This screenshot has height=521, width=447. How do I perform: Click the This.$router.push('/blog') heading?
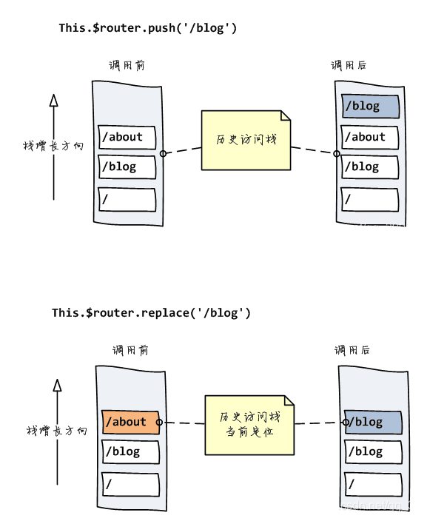pos(147,28)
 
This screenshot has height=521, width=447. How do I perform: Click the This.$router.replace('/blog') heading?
pos(151,313)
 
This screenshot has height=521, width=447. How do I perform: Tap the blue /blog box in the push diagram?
pos(370,106)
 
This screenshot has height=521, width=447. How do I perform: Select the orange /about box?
pos(131,422)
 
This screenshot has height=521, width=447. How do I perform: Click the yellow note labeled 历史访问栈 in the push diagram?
pos(246,140)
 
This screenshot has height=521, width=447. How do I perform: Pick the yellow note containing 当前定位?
pos(249,426)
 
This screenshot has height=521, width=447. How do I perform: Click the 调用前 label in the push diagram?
pos(125,65)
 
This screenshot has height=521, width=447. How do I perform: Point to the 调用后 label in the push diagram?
pos(349,65)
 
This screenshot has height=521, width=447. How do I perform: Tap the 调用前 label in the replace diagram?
pos(130,350)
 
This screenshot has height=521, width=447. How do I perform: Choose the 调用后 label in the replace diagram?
pos(352,350)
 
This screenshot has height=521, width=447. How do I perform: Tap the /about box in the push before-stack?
pos(127,137)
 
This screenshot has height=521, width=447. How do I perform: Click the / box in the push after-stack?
pos(370,199)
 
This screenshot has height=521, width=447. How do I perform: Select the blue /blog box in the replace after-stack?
pos(374,423)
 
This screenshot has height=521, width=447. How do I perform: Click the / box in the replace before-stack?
pos(131,484)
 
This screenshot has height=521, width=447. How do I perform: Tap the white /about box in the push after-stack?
pos(370,137)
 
